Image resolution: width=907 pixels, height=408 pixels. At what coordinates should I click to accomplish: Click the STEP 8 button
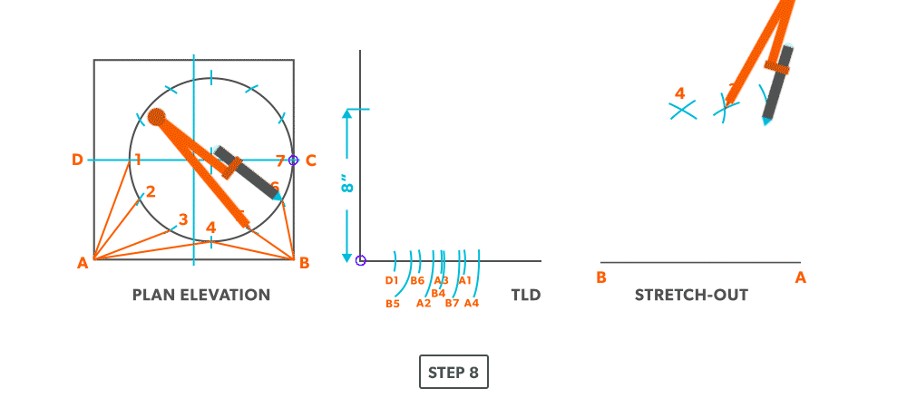point(453,372)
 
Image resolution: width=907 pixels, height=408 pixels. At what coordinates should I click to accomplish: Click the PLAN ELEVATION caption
point(201,295)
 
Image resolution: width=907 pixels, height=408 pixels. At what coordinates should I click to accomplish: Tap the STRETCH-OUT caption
point(691,295)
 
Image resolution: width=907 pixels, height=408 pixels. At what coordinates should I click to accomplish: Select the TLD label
point(525,295)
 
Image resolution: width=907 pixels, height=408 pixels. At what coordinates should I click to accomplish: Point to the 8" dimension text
point(346,187)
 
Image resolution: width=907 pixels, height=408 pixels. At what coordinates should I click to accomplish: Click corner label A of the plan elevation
point(83,264)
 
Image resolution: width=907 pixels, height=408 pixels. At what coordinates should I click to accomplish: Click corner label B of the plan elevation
point(304,263)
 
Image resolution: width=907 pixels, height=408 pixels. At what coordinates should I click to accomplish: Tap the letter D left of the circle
point(78,160)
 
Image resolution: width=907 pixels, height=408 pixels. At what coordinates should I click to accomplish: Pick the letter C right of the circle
point(310,160)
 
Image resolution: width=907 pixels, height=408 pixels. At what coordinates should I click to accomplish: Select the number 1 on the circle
point(137,160)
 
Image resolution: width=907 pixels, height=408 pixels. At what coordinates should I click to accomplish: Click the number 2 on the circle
point(151,191)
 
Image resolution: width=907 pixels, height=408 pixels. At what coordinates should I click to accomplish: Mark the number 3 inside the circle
point(183,219)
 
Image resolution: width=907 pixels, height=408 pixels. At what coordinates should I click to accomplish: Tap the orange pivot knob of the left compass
point(157,116)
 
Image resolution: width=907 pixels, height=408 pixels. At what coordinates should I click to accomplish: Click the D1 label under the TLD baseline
point(391,281)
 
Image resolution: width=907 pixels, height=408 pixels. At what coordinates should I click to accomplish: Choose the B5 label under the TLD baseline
point(393,304)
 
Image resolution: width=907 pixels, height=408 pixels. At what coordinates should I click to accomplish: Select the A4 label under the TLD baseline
point(472,304)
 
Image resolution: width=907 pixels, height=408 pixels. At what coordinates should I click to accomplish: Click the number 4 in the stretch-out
point(679,92)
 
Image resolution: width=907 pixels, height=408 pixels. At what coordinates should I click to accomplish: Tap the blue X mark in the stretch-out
point(682,111)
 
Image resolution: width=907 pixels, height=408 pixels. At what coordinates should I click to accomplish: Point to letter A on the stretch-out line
point(800,277)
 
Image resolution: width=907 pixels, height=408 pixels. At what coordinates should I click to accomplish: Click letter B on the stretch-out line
point(600,277)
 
